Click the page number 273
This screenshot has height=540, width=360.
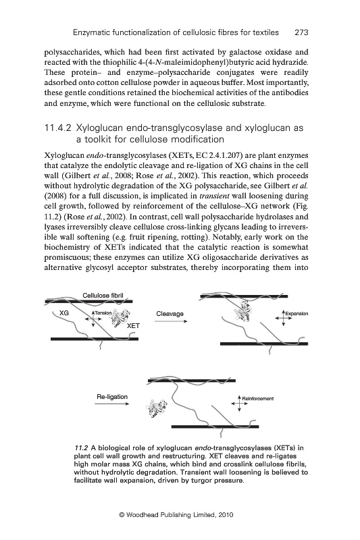click(x=301, y=32)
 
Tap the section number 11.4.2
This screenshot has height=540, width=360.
click(x=58, y=128)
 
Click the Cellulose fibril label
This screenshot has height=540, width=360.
click(x=103, y=296)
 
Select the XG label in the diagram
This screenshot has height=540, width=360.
click(x=64, y=313)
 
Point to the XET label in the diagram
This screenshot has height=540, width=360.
click(x=133, y=326)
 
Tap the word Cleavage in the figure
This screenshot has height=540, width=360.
click(x=170, y=314)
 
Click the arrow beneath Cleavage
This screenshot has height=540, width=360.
click(x=171, y=321)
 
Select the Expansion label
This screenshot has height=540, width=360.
click(x=297, y=314)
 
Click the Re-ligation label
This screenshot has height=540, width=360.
click(x=112, y=397)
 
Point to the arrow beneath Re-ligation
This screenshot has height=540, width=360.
click(x=112, y=404)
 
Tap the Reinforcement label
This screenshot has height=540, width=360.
click(x=258, y=399)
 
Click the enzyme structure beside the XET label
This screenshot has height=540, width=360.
click(x=120, y=319)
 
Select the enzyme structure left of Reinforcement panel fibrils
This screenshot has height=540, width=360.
click(x=157, y=408)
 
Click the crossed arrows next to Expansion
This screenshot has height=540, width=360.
click(x=283, y=318)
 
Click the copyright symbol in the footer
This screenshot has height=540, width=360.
click(x=122, y=515)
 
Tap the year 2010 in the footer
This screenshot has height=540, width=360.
click(x=226, y=515)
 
